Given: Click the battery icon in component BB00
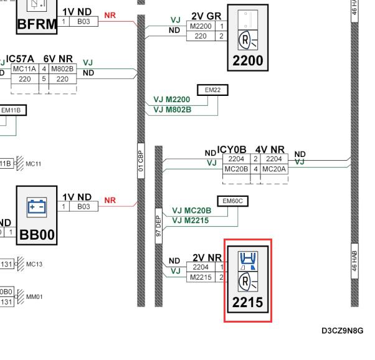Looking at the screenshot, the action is click(37, 207).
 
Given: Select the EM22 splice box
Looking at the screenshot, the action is click(212, 90).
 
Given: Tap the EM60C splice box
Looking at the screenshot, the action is click(233, 201).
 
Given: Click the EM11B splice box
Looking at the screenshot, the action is click(12, 110).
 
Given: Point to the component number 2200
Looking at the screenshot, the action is click(248, 60).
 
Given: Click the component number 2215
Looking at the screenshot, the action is click(248, 302).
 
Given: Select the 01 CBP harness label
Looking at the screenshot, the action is click(141, 161).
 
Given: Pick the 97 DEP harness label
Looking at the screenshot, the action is click(159, 226).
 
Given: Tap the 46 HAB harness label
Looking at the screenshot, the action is click(354, 261).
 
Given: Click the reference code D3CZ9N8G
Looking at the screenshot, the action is click(343, 331).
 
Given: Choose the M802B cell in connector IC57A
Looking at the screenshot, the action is click(62, 69).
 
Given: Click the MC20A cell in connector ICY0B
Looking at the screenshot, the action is click(274, 169).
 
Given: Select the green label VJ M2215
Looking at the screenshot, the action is click(191, 220).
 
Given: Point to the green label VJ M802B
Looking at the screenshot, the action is click(173, 110).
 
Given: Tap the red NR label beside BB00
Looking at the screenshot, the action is click(110, 200).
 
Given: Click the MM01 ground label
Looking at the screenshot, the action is click(34, 297).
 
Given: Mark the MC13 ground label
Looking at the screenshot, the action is click(34, 264).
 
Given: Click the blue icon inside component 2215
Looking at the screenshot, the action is click(248, 261).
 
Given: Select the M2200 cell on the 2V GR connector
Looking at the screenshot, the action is click(201, 26).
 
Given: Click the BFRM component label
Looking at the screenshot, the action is click(37, 24).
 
